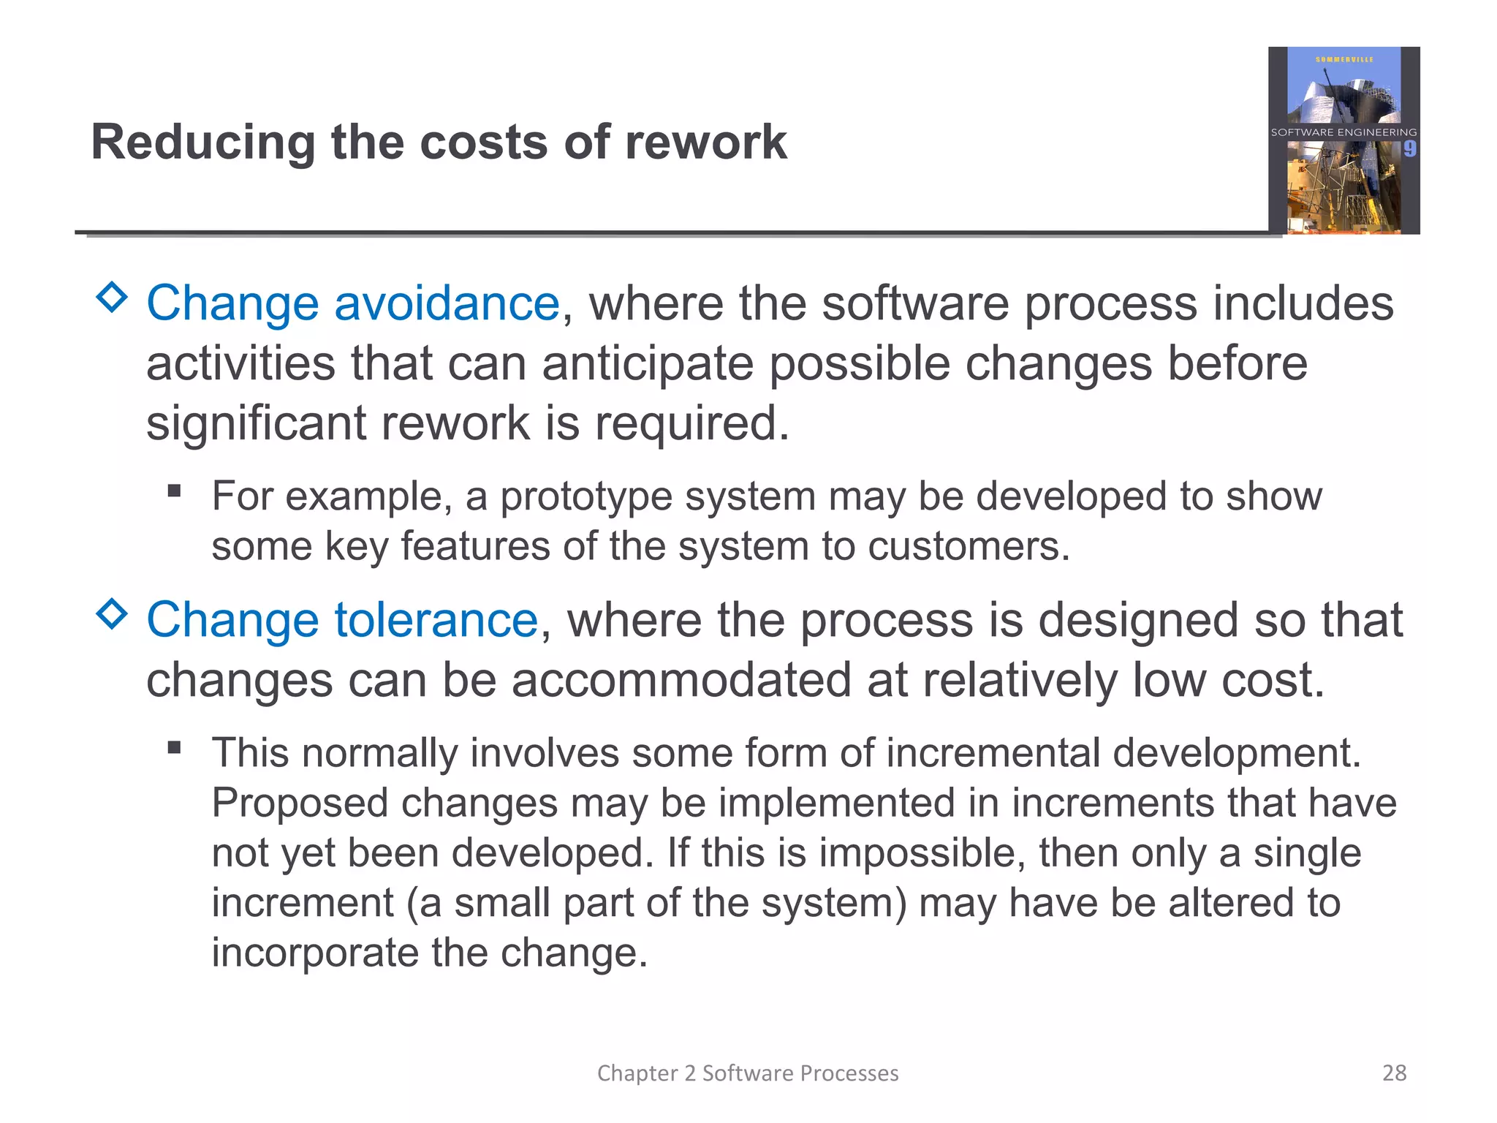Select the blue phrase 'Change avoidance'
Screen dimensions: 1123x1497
(352, 303)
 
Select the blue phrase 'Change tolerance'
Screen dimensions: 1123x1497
(342, 620)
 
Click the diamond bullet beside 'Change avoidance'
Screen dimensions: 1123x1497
(112, 298)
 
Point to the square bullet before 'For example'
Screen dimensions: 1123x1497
(174, 491)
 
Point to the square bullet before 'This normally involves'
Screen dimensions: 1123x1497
(174, 747)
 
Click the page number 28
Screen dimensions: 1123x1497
(1394, 1073)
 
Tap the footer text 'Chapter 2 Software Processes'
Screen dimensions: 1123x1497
(748, 1073)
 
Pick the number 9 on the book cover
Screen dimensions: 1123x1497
(1409, 149)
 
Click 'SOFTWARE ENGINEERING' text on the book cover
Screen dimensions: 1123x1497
(1343, 132)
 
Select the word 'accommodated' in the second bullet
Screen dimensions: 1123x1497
(681, 680)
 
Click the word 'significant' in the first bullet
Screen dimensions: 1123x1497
(255, 423)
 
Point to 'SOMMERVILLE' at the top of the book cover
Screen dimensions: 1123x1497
(1343, 59)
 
